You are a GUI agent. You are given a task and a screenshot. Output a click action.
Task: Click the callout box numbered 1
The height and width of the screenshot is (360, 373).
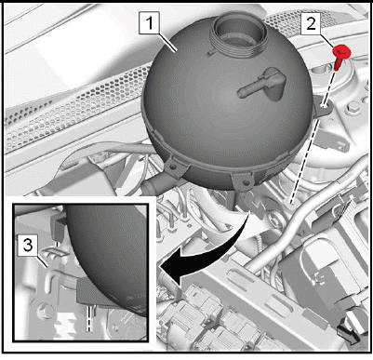pos(150,23)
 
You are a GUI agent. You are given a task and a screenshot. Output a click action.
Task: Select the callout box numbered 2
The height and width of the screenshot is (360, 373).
pos(311,23)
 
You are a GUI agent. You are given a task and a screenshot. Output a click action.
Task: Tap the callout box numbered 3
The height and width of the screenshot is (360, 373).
pos(28,246)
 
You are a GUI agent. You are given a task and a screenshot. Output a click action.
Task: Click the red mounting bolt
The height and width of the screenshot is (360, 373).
pos(340,57)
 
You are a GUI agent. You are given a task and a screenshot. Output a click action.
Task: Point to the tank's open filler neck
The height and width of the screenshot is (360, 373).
pos(239,34)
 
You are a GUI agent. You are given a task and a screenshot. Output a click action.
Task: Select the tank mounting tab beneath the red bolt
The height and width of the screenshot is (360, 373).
pos(323,109)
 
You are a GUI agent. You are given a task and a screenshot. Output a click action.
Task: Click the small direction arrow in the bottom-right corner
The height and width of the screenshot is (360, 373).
pos(348,336)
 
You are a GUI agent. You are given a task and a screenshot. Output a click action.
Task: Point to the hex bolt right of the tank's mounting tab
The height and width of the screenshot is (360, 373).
pos(353,109)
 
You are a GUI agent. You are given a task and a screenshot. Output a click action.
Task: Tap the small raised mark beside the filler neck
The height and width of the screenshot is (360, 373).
pos(210,53)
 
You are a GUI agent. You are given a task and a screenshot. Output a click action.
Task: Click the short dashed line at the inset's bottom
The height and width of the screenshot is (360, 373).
pos(89,320)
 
